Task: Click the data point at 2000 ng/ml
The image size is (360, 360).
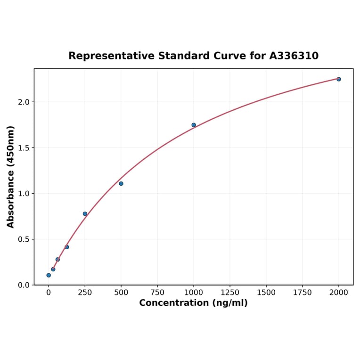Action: click(x=338, y=79)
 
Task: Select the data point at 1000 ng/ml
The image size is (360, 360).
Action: click(x=194, y=125)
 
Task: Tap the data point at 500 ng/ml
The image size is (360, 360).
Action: click(x=121, y=183)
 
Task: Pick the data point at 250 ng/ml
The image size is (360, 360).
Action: click(x=85, y=214)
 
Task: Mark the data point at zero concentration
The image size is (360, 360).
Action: click(x=49, y=275)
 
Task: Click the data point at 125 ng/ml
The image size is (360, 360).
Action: click(x=67, y=247)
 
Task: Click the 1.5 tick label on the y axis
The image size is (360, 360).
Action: click(x=24, y=148)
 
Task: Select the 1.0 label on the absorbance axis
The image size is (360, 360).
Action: click(x=24, y=194)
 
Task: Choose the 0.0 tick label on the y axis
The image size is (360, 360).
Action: click(x=24, y=285)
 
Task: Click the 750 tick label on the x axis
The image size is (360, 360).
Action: click(x=157, y=293)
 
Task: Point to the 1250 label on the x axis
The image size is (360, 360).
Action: click(x=230, y=293)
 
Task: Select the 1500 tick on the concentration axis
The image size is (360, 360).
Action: click(x=266, y=293)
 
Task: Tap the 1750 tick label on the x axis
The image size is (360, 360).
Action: click(x=303, y=293)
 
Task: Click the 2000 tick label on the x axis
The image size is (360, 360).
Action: click(x=339, y=293)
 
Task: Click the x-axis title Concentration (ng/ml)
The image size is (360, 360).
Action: click(x=193, y=303)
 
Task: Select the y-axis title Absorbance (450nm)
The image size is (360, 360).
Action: click(x=10, y=177)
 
